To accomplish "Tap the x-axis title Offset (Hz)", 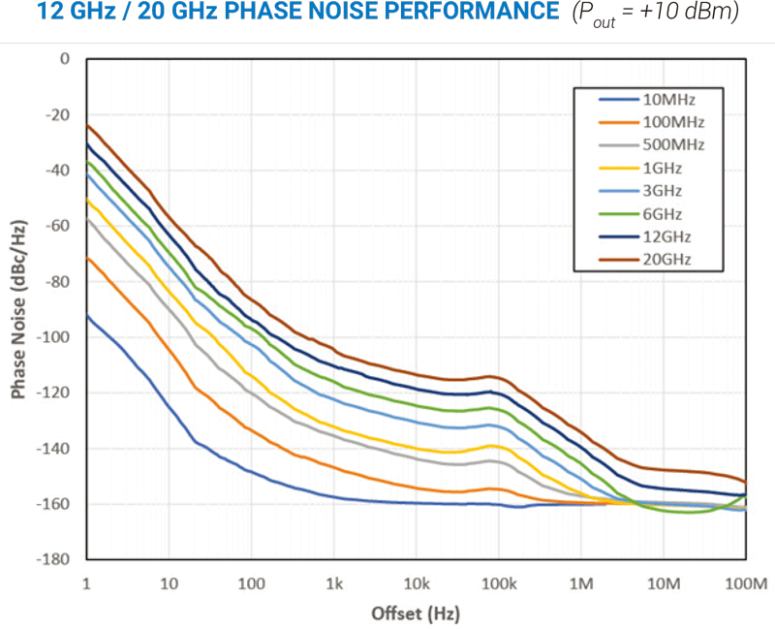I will pyautogui.click(x=416, y=613).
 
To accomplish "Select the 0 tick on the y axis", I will pyautogui.click(x=65, y=58).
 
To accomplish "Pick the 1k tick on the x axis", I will pyautogui.click(x=334, y=583).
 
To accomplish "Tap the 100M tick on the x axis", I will pyautogui.click(x=745, y=583).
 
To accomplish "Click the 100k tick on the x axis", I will pyautogui.click(x=498, y=583).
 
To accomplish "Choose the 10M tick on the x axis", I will pyautogui.click(x=664, y=583).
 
